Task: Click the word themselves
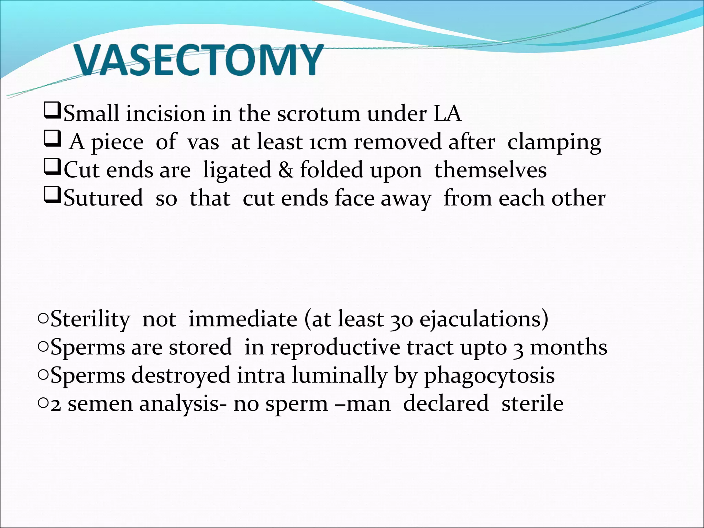click(x=490, y=170)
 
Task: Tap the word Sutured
click(x=103, y=198)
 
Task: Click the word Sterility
click(x=90, y=319)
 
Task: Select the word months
click(x=569, y=347)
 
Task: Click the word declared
click(x=445, y=404)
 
